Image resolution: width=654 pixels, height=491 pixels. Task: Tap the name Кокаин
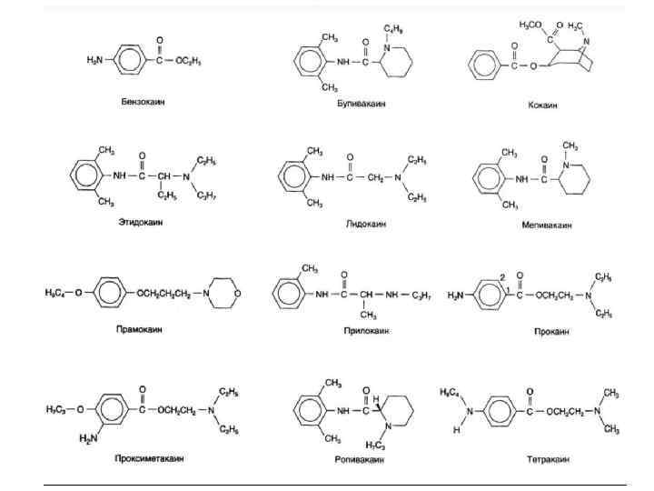tap(542, 105)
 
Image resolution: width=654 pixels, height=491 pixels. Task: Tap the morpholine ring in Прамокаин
tap(225, 293)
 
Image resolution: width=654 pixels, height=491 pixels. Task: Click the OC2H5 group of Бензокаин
tap(186, 60)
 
